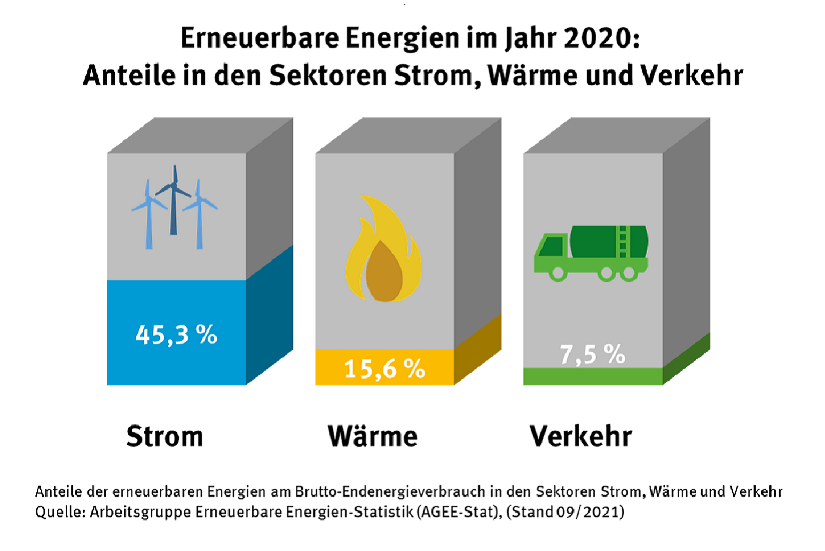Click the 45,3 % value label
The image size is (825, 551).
click(x=176, y=335)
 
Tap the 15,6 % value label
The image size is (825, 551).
click(x=384, y=369)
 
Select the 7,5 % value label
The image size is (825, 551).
click(x=592, y=354)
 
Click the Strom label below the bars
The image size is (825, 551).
click(x=164, y=436)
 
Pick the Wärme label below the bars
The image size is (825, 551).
click(x=373, y=436)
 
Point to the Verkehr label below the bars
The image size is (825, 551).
click(x=581, y=436)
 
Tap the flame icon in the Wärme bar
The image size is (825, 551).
click(x=383, y=251)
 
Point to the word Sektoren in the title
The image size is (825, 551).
click(x=328, y=75)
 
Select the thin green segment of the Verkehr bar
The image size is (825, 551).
click(x=593, y=376)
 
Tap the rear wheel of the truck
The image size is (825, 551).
click(x=628, y=273)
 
